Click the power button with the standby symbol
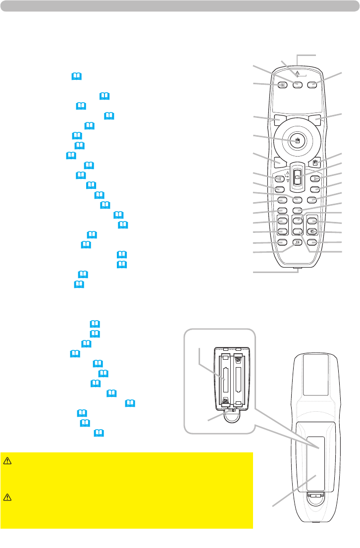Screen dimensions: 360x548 click(x=282, y=85)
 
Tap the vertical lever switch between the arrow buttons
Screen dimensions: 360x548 click(x=297, y=176)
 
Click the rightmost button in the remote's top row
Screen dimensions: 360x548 click(x=312, y=85)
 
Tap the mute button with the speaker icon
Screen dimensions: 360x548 click(x=312, y=232)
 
